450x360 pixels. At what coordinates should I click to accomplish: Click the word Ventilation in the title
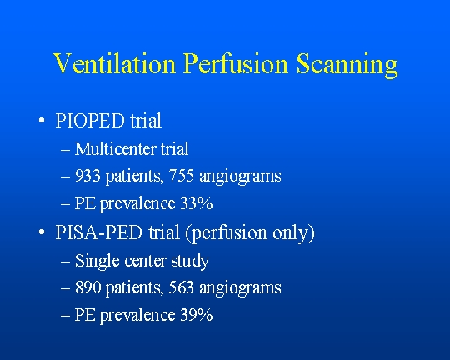click(114, 63)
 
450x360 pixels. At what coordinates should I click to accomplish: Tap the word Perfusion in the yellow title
click(236, 63)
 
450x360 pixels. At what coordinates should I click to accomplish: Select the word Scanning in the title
click(347, 65)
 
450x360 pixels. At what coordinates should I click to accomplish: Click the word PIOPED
click(90, 121)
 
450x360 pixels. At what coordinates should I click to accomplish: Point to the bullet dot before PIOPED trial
click(42, 120)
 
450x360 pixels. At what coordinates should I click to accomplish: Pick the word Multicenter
click(115, 148)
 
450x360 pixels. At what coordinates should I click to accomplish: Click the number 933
click(87, 175)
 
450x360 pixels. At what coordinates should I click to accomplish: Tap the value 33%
click(197, 203)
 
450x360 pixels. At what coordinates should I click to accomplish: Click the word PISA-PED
click(98, 232)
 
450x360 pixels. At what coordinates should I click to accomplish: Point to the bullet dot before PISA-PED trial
click(42, 232)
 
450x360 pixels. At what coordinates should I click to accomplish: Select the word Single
click(97, 262)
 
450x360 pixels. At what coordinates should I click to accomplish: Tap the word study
click(190, 262)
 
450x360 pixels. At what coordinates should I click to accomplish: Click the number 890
click(87, 287)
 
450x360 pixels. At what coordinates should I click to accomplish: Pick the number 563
click(181, 287)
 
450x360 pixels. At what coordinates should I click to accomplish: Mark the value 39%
click(197, 315)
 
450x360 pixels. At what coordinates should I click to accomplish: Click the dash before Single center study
click(65, 262)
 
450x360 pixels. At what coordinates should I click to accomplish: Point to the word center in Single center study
click(145, 261)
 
